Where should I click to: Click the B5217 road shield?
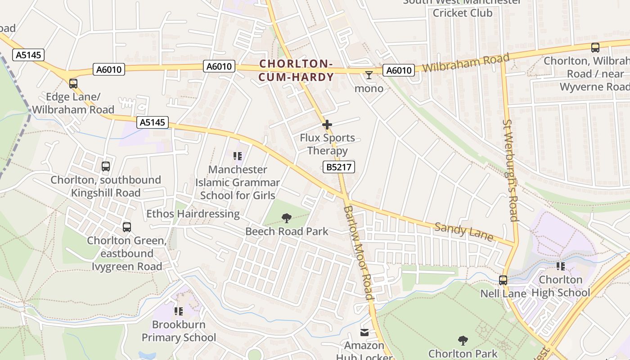pyautogui.click(x=339, y=167)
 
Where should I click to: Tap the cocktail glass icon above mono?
pyautogui.click(x=369, y=75)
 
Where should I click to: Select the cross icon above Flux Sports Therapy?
pyautogui.click(x=327, y=125)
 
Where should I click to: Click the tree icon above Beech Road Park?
pyautogui.click(x=286, y=219)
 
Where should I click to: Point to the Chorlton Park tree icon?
pyautogui.click(x=463, y=341)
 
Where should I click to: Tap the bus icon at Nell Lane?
pyautogui.click(x=503, y=280)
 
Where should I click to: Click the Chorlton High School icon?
pyautogui.click(x=560, y=266)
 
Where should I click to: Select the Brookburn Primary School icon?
pyautogui.click(x=179, y=311)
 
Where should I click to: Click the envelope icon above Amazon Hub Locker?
pyautogui.click(x=364, y=333)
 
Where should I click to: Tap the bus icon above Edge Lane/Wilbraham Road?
pyautogui.click(x=73, y=84)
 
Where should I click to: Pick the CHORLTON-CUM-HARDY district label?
pyautogui.click(x=296, y=71)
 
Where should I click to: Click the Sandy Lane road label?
pyautogui.click(x=464, y=232)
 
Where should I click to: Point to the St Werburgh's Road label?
pyautogui.click(x=510, y=170)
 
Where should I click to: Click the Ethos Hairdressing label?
pyautogui.click(x=193, y=214)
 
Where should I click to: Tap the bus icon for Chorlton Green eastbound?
pyautogui.click(x=127, y=227)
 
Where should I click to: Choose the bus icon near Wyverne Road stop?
pyautogui.click(x=595, y=48)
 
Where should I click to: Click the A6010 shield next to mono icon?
pyautogui.click(x=399, y=70)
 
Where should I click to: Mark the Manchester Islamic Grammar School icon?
pyautogui.click(x=238, y=157)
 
